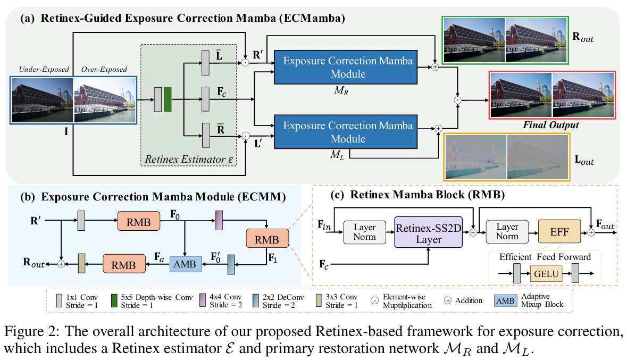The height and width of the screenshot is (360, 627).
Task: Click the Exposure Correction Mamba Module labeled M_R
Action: click(348, 68)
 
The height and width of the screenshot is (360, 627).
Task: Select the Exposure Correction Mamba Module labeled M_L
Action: click(348, 132)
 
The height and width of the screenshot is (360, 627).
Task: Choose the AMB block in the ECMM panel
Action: click(186, 263)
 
